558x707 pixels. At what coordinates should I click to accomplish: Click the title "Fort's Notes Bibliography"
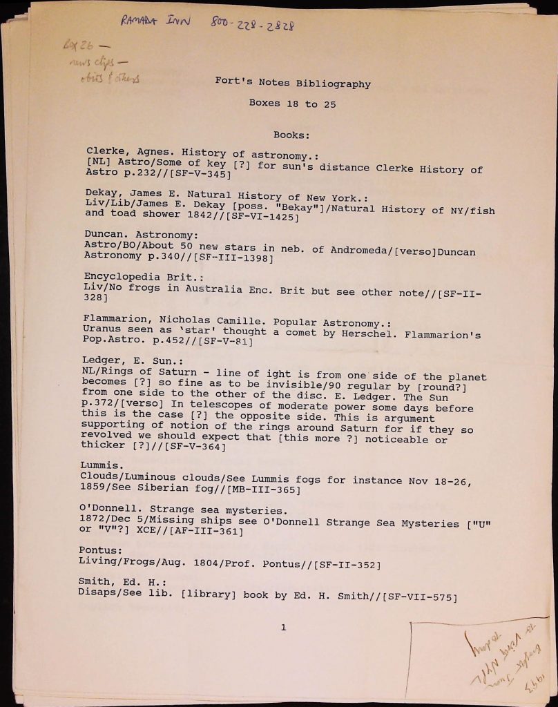(293, 84)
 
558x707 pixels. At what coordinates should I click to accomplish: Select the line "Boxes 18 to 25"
(293, 103)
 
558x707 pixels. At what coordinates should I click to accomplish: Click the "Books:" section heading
(291, 135)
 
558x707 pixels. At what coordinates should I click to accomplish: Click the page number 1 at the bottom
(283, 627)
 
